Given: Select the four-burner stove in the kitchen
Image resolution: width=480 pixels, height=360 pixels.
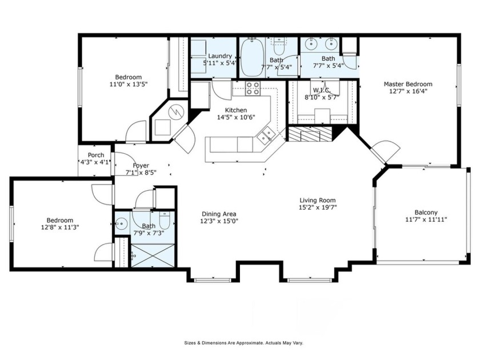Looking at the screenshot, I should click(x=253, y=89).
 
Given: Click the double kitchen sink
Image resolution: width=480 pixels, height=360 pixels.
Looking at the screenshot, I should click(x=264, y=136).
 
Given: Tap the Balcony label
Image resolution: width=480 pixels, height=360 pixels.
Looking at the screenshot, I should click(x=422, y=213).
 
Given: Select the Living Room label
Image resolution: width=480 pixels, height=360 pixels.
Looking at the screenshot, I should click(x=317, y=201).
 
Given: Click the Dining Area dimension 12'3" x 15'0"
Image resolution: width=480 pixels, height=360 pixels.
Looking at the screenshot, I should click(x=218, y=221).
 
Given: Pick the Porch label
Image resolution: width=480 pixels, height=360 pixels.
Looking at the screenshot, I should click(x=95, y=155).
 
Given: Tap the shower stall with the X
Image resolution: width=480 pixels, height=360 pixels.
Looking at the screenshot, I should click(x=152, y=255).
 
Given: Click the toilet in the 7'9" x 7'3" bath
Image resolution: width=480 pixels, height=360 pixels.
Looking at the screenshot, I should click(x=164, y=221).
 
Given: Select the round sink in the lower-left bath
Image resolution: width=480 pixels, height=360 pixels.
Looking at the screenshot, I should click(x=121, y=223).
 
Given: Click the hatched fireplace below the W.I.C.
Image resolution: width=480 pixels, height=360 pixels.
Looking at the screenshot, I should click(x=309, y=134).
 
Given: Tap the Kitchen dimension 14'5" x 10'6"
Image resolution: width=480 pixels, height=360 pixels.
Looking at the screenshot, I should click(x=235, y=117).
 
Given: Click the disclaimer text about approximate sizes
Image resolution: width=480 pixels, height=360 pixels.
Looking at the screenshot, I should click(x=243, y=343).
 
